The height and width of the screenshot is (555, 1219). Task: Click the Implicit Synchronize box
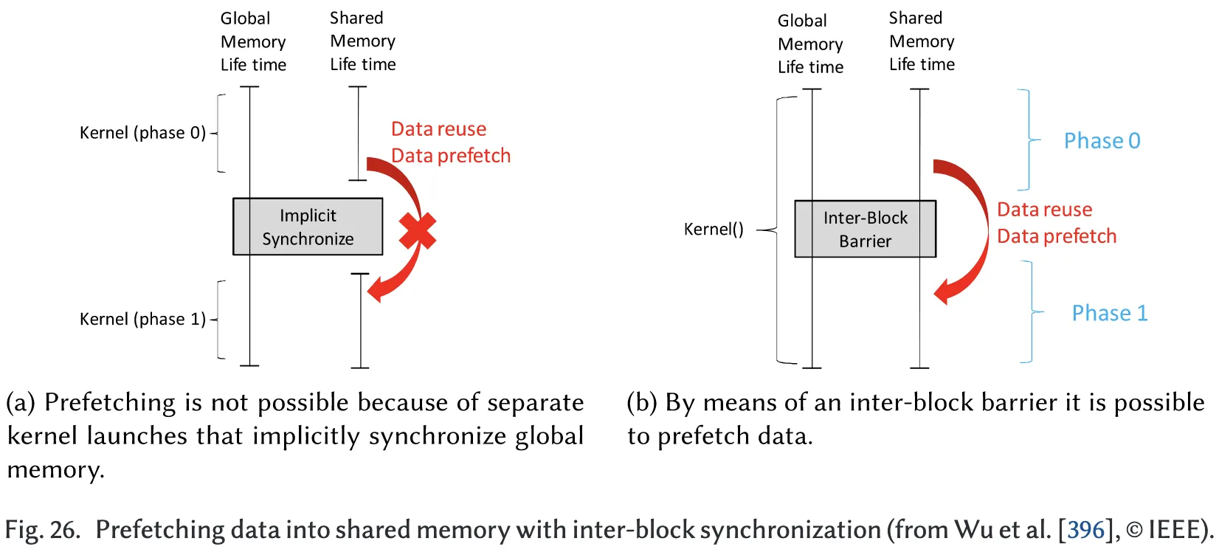click(308, 227)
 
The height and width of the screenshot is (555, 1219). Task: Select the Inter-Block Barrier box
click(865, 229)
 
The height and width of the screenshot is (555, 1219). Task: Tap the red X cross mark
click(418, 230)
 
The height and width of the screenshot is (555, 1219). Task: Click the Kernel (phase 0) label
click(142, 133)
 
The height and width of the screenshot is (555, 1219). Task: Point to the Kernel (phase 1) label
click(142, 319)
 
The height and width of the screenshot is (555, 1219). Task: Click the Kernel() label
click(714, 229)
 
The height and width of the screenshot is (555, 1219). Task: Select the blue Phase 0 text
click(1102, 141)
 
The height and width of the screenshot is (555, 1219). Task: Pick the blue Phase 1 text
click(1109, 313)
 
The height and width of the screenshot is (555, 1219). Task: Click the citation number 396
click(1085, 530)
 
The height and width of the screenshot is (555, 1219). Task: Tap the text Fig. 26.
click(42, 530)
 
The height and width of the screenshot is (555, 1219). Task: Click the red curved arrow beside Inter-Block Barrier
click(973, 229)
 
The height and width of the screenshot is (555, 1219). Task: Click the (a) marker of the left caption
click(21, 403)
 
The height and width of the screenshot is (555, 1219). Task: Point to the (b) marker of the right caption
click(641, 403)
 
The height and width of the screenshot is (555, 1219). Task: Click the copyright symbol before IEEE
click(1134, 531)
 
